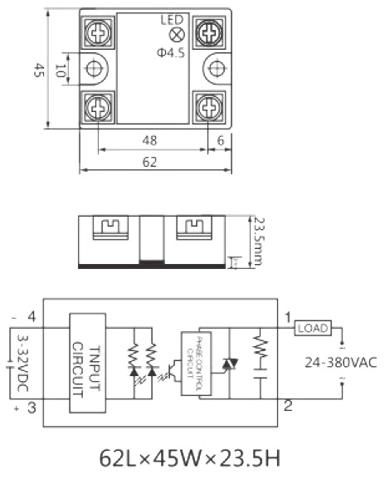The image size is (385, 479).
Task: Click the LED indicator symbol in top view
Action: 176,35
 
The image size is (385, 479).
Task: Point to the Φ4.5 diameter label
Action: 172,54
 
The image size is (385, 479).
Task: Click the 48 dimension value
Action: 149,140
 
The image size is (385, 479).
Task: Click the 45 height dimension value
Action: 38,71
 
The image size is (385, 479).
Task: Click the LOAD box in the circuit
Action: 313,328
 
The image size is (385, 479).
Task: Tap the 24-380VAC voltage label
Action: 339,362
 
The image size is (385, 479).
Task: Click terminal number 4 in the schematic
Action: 32,316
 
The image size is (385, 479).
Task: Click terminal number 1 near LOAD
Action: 287,318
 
